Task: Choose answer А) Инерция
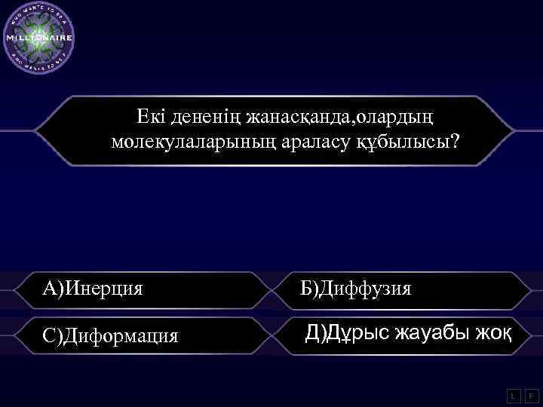coord(93,288)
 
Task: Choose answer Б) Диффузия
coord(355,288)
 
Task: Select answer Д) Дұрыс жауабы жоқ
coord(408,332)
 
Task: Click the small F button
coord(531,395)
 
